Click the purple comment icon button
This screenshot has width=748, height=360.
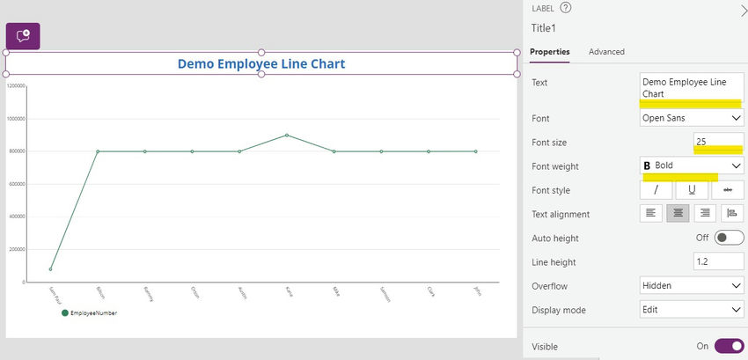click(x=23, y=35)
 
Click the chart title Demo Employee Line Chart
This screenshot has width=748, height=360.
click(x=261, y=63)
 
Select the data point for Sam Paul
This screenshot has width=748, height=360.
click(x=50, y=269)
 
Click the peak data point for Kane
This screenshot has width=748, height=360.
click(x=287, y=135)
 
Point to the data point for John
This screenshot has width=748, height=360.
click(x=476, y=151)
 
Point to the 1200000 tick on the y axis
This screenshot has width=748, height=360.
click(x=15, y=85)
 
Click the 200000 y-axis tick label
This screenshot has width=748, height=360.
click(x=16, y=249)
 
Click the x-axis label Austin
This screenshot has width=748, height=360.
click(x=241, y=292)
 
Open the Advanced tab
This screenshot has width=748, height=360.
click(x=606, y=52)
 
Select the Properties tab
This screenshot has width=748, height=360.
click(x=549, y=52)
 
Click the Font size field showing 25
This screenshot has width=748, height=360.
click(x=718, y=141)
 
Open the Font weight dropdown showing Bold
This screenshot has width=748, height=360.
click(x=692, y=165)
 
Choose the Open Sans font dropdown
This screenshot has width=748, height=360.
click(x=692, y=118)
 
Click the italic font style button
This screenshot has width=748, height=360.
click(x=656, y=190)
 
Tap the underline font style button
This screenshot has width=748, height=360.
click(x=692, y=190)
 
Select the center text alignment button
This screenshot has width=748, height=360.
click(x=678, y=213)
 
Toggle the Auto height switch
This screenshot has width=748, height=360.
click(x=729, y=238)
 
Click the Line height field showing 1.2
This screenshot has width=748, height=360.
click(x=718, y=262)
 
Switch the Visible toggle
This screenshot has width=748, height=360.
click(x=729, y=346)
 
